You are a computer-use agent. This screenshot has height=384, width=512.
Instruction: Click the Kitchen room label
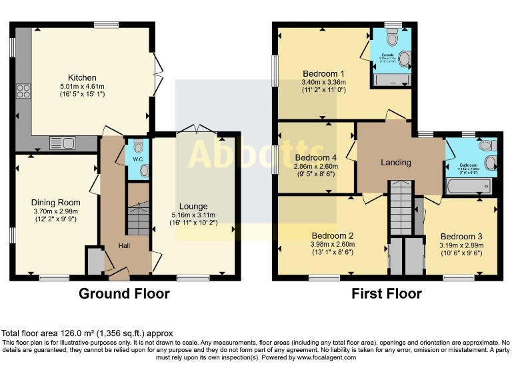(82, 77)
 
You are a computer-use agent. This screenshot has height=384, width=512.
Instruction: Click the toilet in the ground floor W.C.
(138, 147)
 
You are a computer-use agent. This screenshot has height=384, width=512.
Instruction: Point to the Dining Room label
(55, 203)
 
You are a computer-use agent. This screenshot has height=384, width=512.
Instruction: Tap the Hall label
(125, 245)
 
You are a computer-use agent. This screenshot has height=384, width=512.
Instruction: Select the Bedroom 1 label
(323, 73)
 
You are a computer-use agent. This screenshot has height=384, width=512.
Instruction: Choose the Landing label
(396, 162)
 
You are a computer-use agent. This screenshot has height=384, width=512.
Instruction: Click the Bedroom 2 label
(332, 235)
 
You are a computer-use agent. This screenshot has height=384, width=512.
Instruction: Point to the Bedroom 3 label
(461, 236)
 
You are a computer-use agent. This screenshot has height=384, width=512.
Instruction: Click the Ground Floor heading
(125, 293)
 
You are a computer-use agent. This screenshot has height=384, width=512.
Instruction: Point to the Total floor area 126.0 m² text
(87, 333)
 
